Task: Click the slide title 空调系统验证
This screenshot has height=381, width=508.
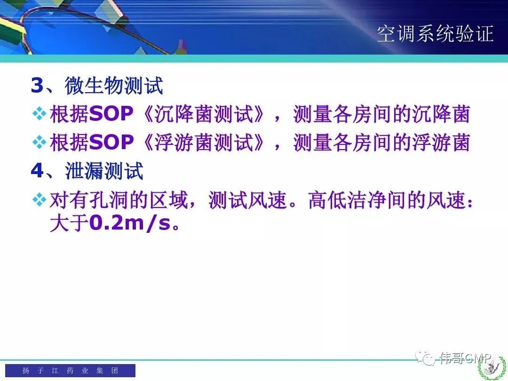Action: (435, 33)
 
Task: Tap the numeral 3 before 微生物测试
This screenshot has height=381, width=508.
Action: (37, 86)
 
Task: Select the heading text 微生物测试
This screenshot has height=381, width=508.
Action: (114, 86)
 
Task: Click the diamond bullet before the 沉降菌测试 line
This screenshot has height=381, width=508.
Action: (39, 113)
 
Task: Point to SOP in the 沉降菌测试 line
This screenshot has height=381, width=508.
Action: (111, 114)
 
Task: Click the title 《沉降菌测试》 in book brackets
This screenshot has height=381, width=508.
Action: (203, 114)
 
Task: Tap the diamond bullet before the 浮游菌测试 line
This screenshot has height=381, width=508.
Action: (39, 142)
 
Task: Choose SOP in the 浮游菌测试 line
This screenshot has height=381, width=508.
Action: (111, 143)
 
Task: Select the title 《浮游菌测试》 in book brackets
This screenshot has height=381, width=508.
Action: (203, 143)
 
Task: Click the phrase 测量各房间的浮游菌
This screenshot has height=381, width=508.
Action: (381, 143)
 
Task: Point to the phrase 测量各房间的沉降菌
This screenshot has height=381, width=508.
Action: (381, 114)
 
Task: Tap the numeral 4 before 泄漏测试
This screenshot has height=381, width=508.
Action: (37, 170)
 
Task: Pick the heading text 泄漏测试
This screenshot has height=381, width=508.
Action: (104, 170)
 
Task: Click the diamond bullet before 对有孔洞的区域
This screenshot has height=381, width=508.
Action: (39, 199)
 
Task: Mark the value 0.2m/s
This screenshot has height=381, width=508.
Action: (130, 223)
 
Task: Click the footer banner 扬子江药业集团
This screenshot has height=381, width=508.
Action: (70, 370)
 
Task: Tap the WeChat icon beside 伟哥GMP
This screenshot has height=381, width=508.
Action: (425, 358)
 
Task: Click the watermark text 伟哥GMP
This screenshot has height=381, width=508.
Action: (466, 358)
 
